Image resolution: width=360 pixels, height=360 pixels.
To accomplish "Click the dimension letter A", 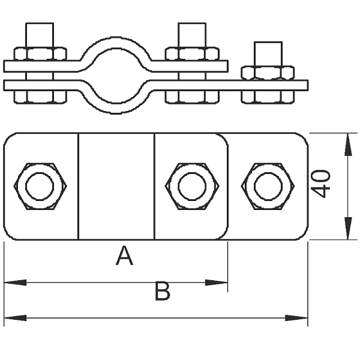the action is [x=124, y=256].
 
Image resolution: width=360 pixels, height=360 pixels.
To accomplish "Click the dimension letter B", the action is [x=163, y=291].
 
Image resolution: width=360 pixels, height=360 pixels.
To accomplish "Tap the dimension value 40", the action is [x=320, y=184].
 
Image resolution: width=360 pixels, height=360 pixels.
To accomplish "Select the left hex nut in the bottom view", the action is [x=40, y=186].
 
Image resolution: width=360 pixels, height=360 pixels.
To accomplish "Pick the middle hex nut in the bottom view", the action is [x=192, y=186].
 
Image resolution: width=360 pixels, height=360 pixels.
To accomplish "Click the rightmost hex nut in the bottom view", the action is [x=268, y=186].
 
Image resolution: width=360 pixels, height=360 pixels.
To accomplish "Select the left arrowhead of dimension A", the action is [x=15, y=283].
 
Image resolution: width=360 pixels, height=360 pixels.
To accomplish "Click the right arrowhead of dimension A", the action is [x=216, y=283].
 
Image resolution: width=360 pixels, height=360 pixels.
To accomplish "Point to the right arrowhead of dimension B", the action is [x=296, y=318].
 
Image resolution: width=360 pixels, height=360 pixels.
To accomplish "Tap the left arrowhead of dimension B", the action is [x=15, y=318].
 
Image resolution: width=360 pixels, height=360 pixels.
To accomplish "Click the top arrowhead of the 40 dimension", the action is [x=348, y=145].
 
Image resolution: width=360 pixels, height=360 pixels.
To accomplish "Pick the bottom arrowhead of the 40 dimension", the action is [x=348, y=228].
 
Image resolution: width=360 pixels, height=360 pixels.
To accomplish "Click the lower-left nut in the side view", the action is [x=40, y=97].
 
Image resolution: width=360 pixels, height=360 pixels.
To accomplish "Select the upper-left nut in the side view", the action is [x=40, y=54].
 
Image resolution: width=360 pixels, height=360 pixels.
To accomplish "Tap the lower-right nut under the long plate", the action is [x=268, y=97].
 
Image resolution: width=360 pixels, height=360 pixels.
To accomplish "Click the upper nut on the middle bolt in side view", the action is [x=192, y=54].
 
